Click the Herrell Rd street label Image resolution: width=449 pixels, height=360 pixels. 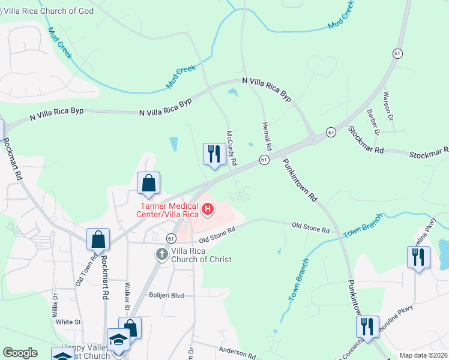pos(267,136)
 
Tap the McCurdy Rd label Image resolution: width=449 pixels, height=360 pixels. pos(232,148)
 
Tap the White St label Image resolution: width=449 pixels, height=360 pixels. pos(68,322)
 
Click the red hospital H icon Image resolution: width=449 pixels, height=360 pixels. pos(208,209)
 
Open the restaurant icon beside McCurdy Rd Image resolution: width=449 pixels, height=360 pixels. pos(214,155)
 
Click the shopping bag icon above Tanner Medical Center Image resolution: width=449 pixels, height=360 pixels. pos(148,184)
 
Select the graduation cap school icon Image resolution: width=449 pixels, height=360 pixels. pos(119,340)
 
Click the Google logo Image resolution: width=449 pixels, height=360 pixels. pos(20,353)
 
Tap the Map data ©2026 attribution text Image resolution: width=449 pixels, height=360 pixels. pos(423,355)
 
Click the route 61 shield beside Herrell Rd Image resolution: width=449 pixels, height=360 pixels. pos(264,159)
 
